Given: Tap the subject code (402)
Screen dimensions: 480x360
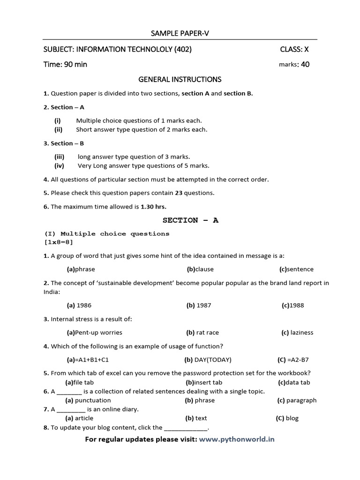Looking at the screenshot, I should (x=182, y=49).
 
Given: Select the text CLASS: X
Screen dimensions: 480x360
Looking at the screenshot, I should (x=294, y=49).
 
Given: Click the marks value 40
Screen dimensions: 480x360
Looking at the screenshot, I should (x=305, y=64).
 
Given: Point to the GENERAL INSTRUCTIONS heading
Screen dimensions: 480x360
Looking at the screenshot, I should (x=180, y=79).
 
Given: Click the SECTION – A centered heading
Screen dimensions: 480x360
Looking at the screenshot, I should (x=190, y=220).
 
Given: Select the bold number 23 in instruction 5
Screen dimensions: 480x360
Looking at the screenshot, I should (x=179, y=193).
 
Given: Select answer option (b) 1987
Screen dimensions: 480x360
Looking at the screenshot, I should (x=199, y=305).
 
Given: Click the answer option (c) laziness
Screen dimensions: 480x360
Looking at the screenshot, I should (x=297, y=332).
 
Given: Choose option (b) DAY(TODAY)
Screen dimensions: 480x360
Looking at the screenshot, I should (x=208, y=360).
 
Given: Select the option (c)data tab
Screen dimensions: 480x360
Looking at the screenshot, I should (x=294, y=382).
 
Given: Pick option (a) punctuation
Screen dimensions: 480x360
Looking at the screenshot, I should (x=88, y=400).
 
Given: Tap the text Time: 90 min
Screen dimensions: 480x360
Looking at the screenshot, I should (x=65, y=64).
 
